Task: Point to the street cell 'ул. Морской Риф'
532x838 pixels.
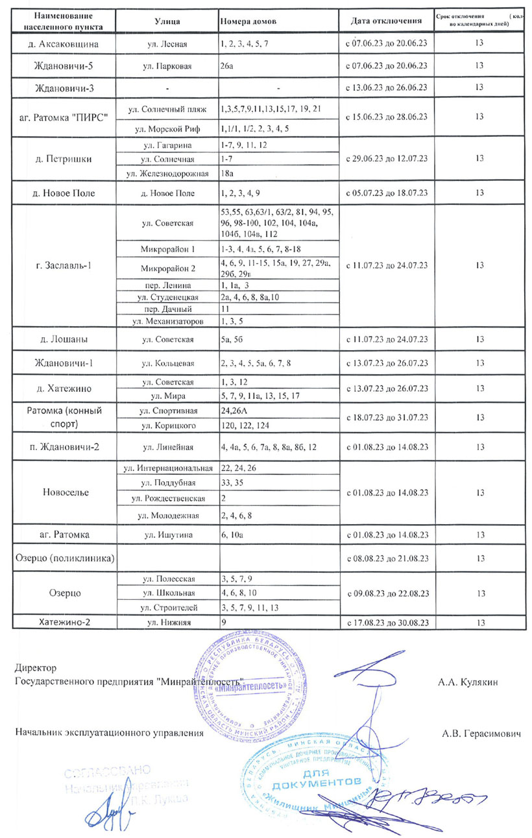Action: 167,128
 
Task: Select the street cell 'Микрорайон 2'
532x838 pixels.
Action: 167,267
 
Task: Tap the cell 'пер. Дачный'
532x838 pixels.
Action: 167,309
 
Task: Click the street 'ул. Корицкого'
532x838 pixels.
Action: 167,425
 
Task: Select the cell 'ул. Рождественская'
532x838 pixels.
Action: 167,498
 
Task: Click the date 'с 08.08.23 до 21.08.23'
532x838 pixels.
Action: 387,557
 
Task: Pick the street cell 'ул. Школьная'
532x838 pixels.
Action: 167,592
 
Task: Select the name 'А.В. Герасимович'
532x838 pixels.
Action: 481,733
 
